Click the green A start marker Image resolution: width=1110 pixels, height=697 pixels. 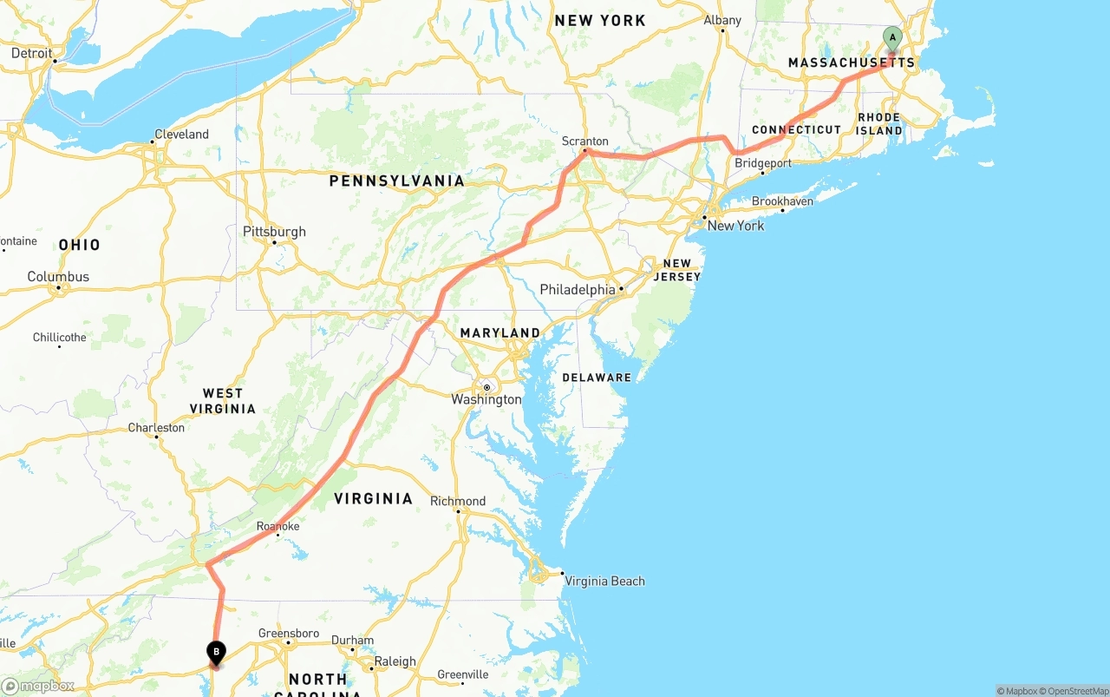tap(892, 36)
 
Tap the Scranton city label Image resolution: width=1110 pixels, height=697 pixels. tap(586, 141)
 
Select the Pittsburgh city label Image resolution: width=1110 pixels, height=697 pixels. tap(274, 232)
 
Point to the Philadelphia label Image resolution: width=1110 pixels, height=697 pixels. tap(578, 289)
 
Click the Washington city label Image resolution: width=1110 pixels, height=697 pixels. tap(486, 399)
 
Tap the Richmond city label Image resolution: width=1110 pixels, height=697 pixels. tap(458, 501)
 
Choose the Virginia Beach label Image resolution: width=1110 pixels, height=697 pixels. tap(604, 581)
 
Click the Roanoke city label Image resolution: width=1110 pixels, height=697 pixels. tap(277, 526)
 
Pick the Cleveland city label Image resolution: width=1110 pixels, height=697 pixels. tap(181, 135)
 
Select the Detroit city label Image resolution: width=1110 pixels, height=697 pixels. tap(32, 53)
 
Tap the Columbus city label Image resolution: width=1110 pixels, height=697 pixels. tap(58, 277)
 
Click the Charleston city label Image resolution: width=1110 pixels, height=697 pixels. tap(156, 427)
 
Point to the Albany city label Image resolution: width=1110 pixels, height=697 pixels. tap(722, 20)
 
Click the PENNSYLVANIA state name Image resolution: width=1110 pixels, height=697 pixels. tap(396, 181)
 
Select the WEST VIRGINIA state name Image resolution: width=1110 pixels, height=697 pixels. tap(223, 401)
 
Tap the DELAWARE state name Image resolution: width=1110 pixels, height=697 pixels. tap(597, 378)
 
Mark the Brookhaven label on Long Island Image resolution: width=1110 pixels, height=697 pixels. tap(782, 201)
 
